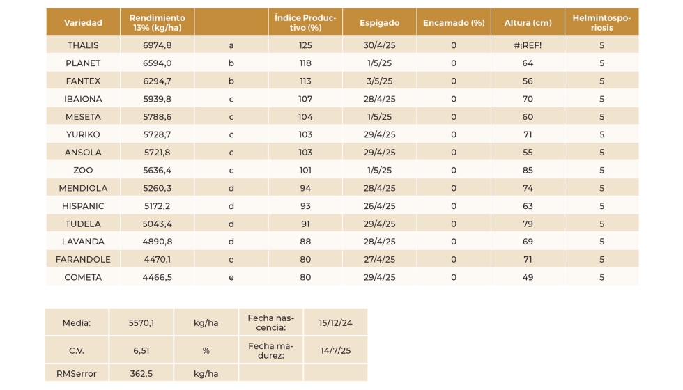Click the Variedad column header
point(83,23)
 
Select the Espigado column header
point(379,23)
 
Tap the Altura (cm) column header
point(528,23)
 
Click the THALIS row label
point(83,45)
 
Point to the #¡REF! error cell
point(528,45)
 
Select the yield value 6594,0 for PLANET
point(157,63)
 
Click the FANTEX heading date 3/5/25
point(379,81)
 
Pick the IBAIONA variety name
point(83,99)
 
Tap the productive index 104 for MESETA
point(305,117)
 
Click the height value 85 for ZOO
point(528,170)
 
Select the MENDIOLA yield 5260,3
point(157,188)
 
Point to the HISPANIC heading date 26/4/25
point(379,206)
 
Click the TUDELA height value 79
point(528,224)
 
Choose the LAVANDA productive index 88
point(305,242)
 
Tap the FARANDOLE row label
point(83,260)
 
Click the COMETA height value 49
point(528,277)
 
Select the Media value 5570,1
point(141,322)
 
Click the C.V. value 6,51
point(141,350)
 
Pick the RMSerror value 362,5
point(141,374)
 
